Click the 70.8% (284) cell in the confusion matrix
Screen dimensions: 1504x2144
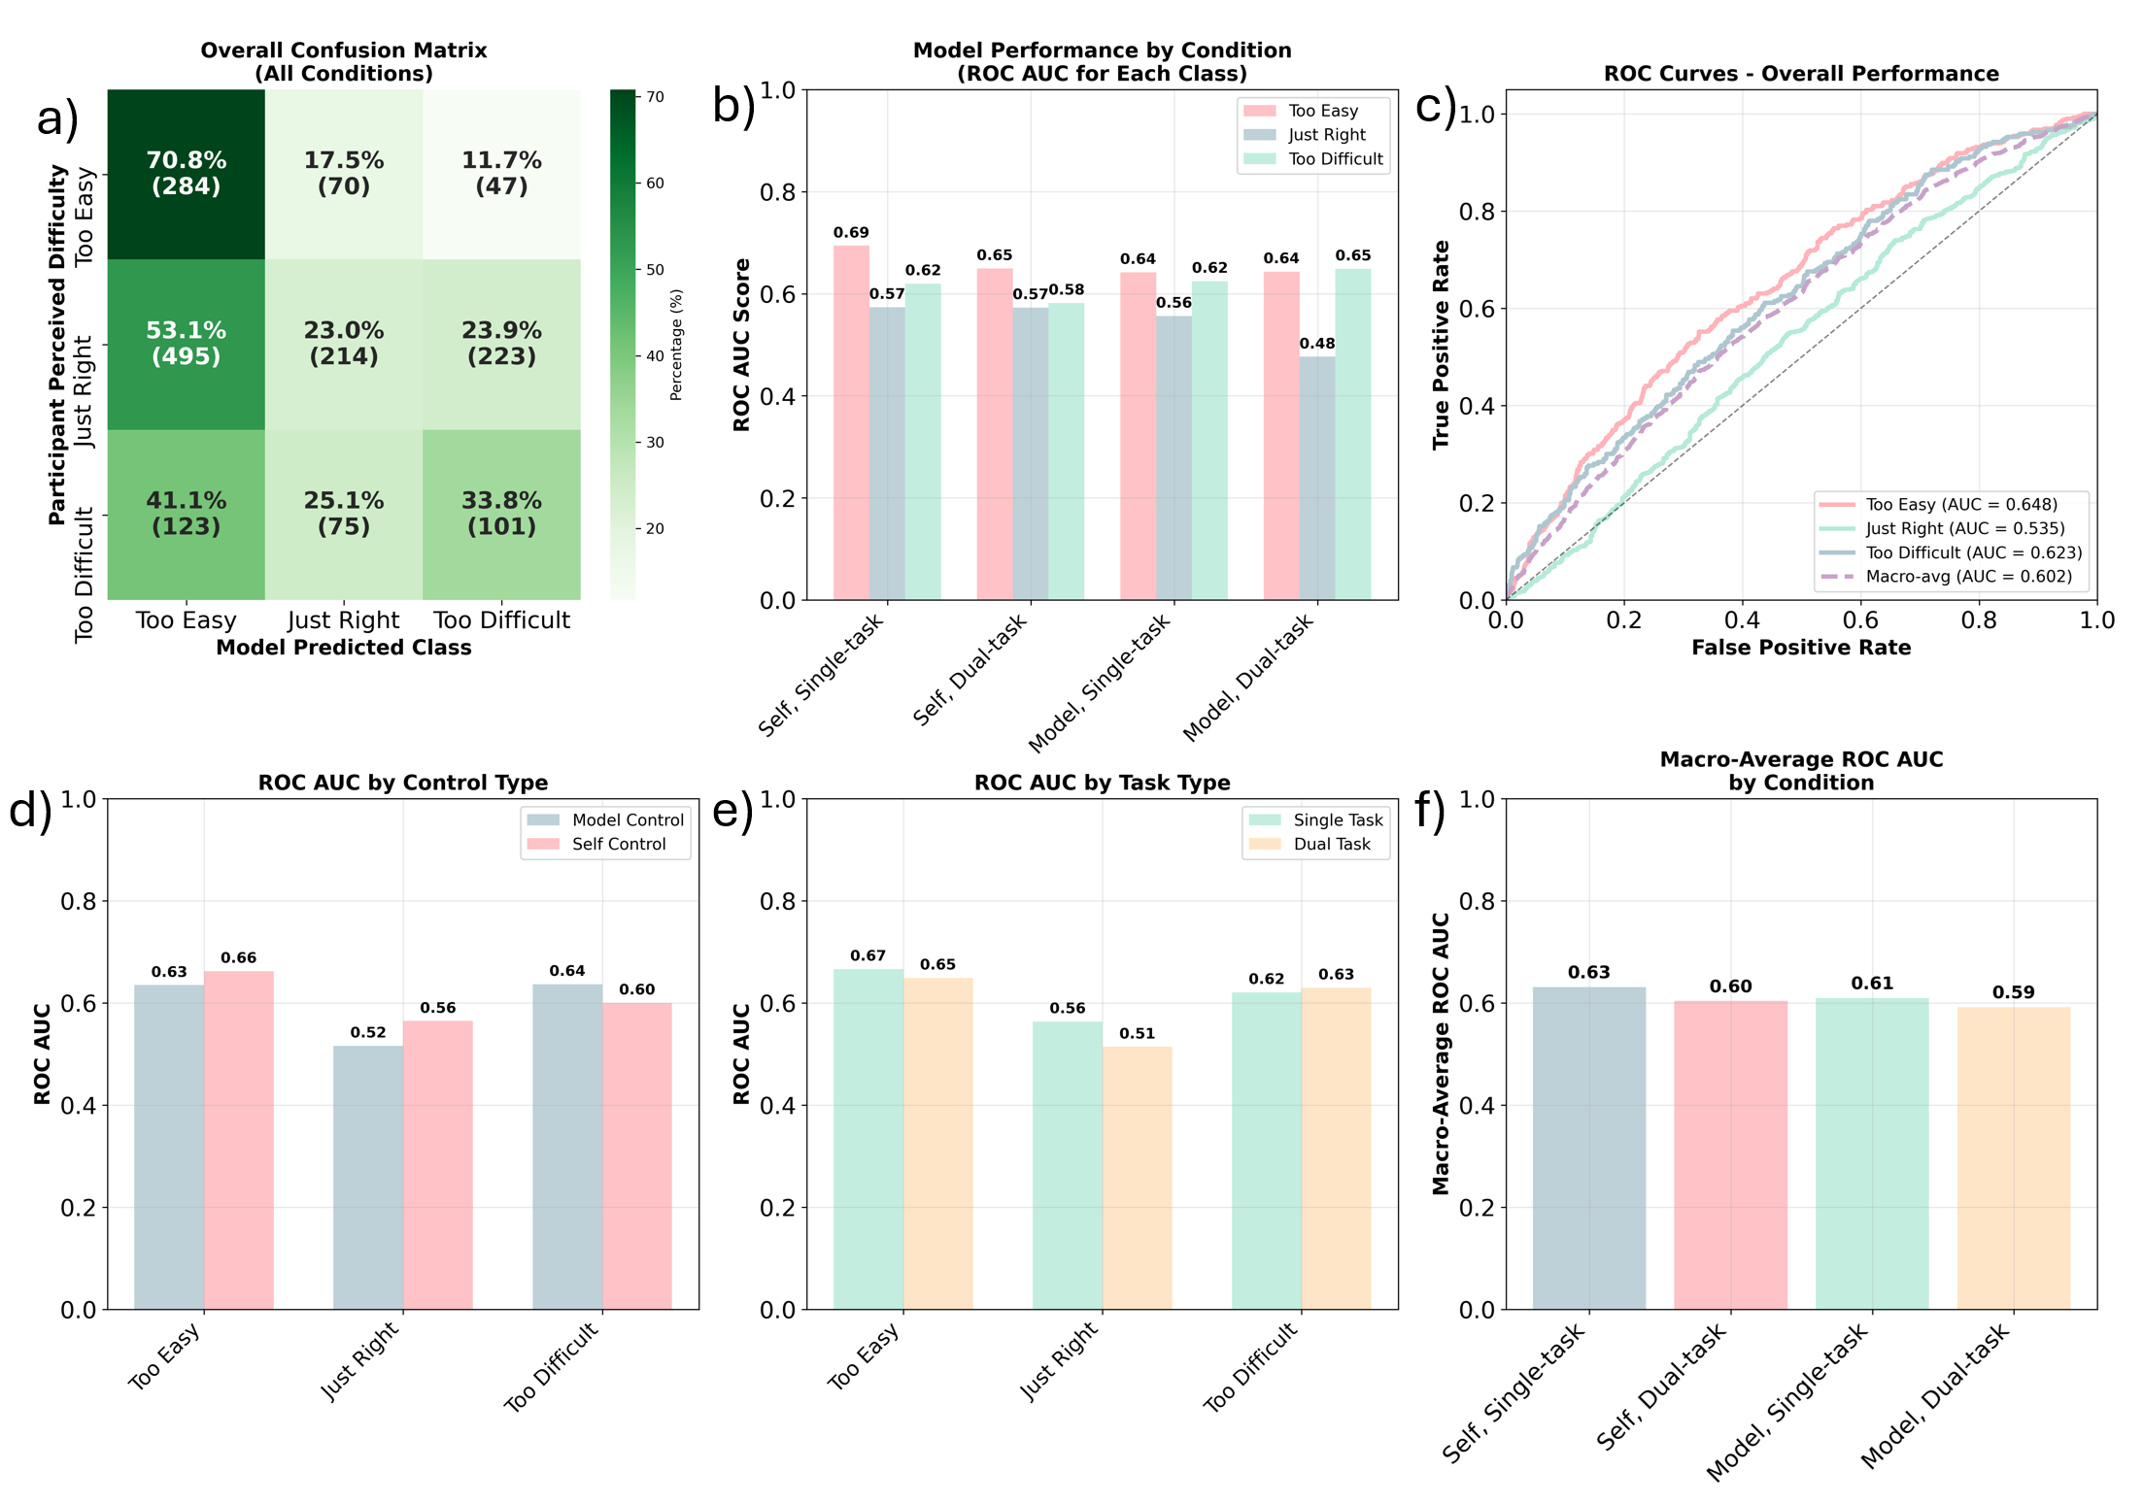(186, 174)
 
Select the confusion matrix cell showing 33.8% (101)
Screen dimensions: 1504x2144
(501, 514)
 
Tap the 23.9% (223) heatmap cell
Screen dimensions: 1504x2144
(501, 344)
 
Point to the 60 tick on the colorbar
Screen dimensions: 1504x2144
(655, 184)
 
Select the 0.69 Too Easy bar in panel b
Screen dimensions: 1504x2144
(851, 422)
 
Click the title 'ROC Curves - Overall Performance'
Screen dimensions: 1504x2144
(1800, 74)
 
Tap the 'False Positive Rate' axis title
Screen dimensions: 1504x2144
(1800, 648)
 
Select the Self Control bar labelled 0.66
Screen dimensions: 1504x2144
(239, 1140)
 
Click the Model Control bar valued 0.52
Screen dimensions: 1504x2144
(368, 1177)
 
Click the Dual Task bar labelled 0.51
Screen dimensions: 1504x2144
(1137, 1178)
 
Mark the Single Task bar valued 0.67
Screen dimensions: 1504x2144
(868, 1139)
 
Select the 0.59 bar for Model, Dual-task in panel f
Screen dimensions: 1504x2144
(2013, 1158)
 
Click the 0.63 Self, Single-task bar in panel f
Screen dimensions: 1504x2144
(1589, 1148)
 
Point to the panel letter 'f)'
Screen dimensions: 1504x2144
(1430, 810)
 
